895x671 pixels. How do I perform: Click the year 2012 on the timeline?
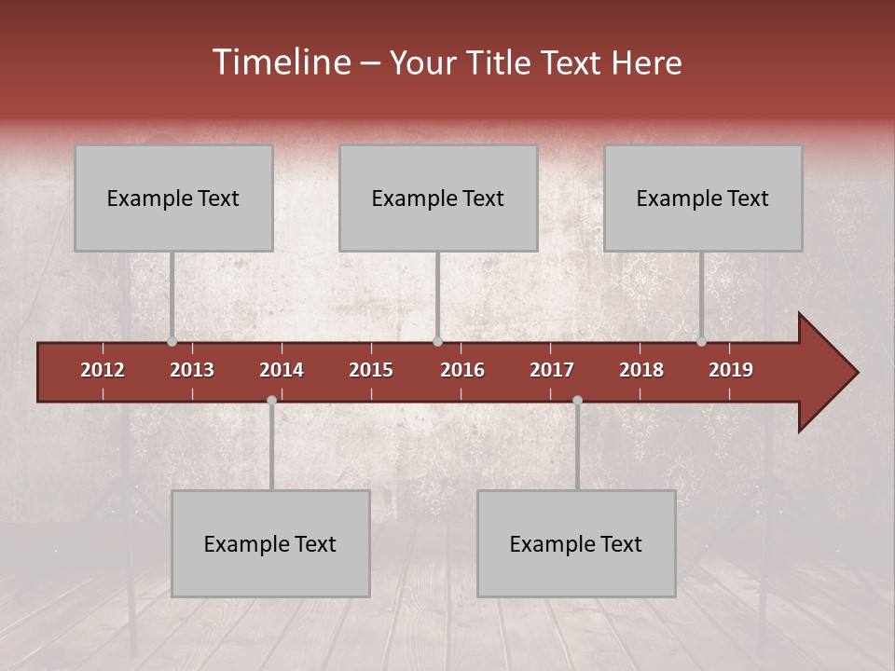(x=103, y=370)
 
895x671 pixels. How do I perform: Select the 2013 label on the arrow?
(x=192, y=370)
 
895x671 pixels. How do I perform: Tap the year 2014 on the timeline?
(x=282, y=370)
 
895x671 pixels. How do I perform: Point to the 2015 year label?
(x=371, y=370)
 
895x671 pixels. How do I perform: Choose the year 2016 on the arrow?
(x=462, y=370)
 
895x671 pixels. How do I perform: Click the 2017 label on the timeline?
(x=552, y=370)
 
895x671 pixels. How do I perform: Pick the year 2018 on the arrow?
(x=641, y=370)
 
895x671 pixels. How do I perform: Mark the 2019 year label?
(x=731, y=370)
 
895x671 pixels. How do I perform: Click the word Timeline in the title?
(x=281, y=62)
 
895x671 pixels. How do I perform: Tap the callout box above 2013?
(x=173, y=198)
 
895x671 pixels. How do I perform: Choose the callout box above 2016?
(x=438, y=198)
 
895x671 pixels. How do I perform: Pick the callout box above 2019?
(x=703, y=198)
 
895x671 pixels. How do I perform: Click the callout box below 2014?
(x=270, y=543)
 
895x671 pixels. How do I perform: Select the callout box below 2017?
(x=576, y=543)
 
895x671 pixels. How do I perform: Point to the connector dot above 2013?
(x=172, y=342)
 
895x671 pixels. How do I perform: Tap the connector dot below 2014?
(x=271, y=401)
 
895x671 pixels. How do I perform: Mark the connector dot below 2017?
(x=577, y=401)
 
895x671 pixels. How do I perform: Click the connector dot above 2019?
(x=702, y=342)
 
